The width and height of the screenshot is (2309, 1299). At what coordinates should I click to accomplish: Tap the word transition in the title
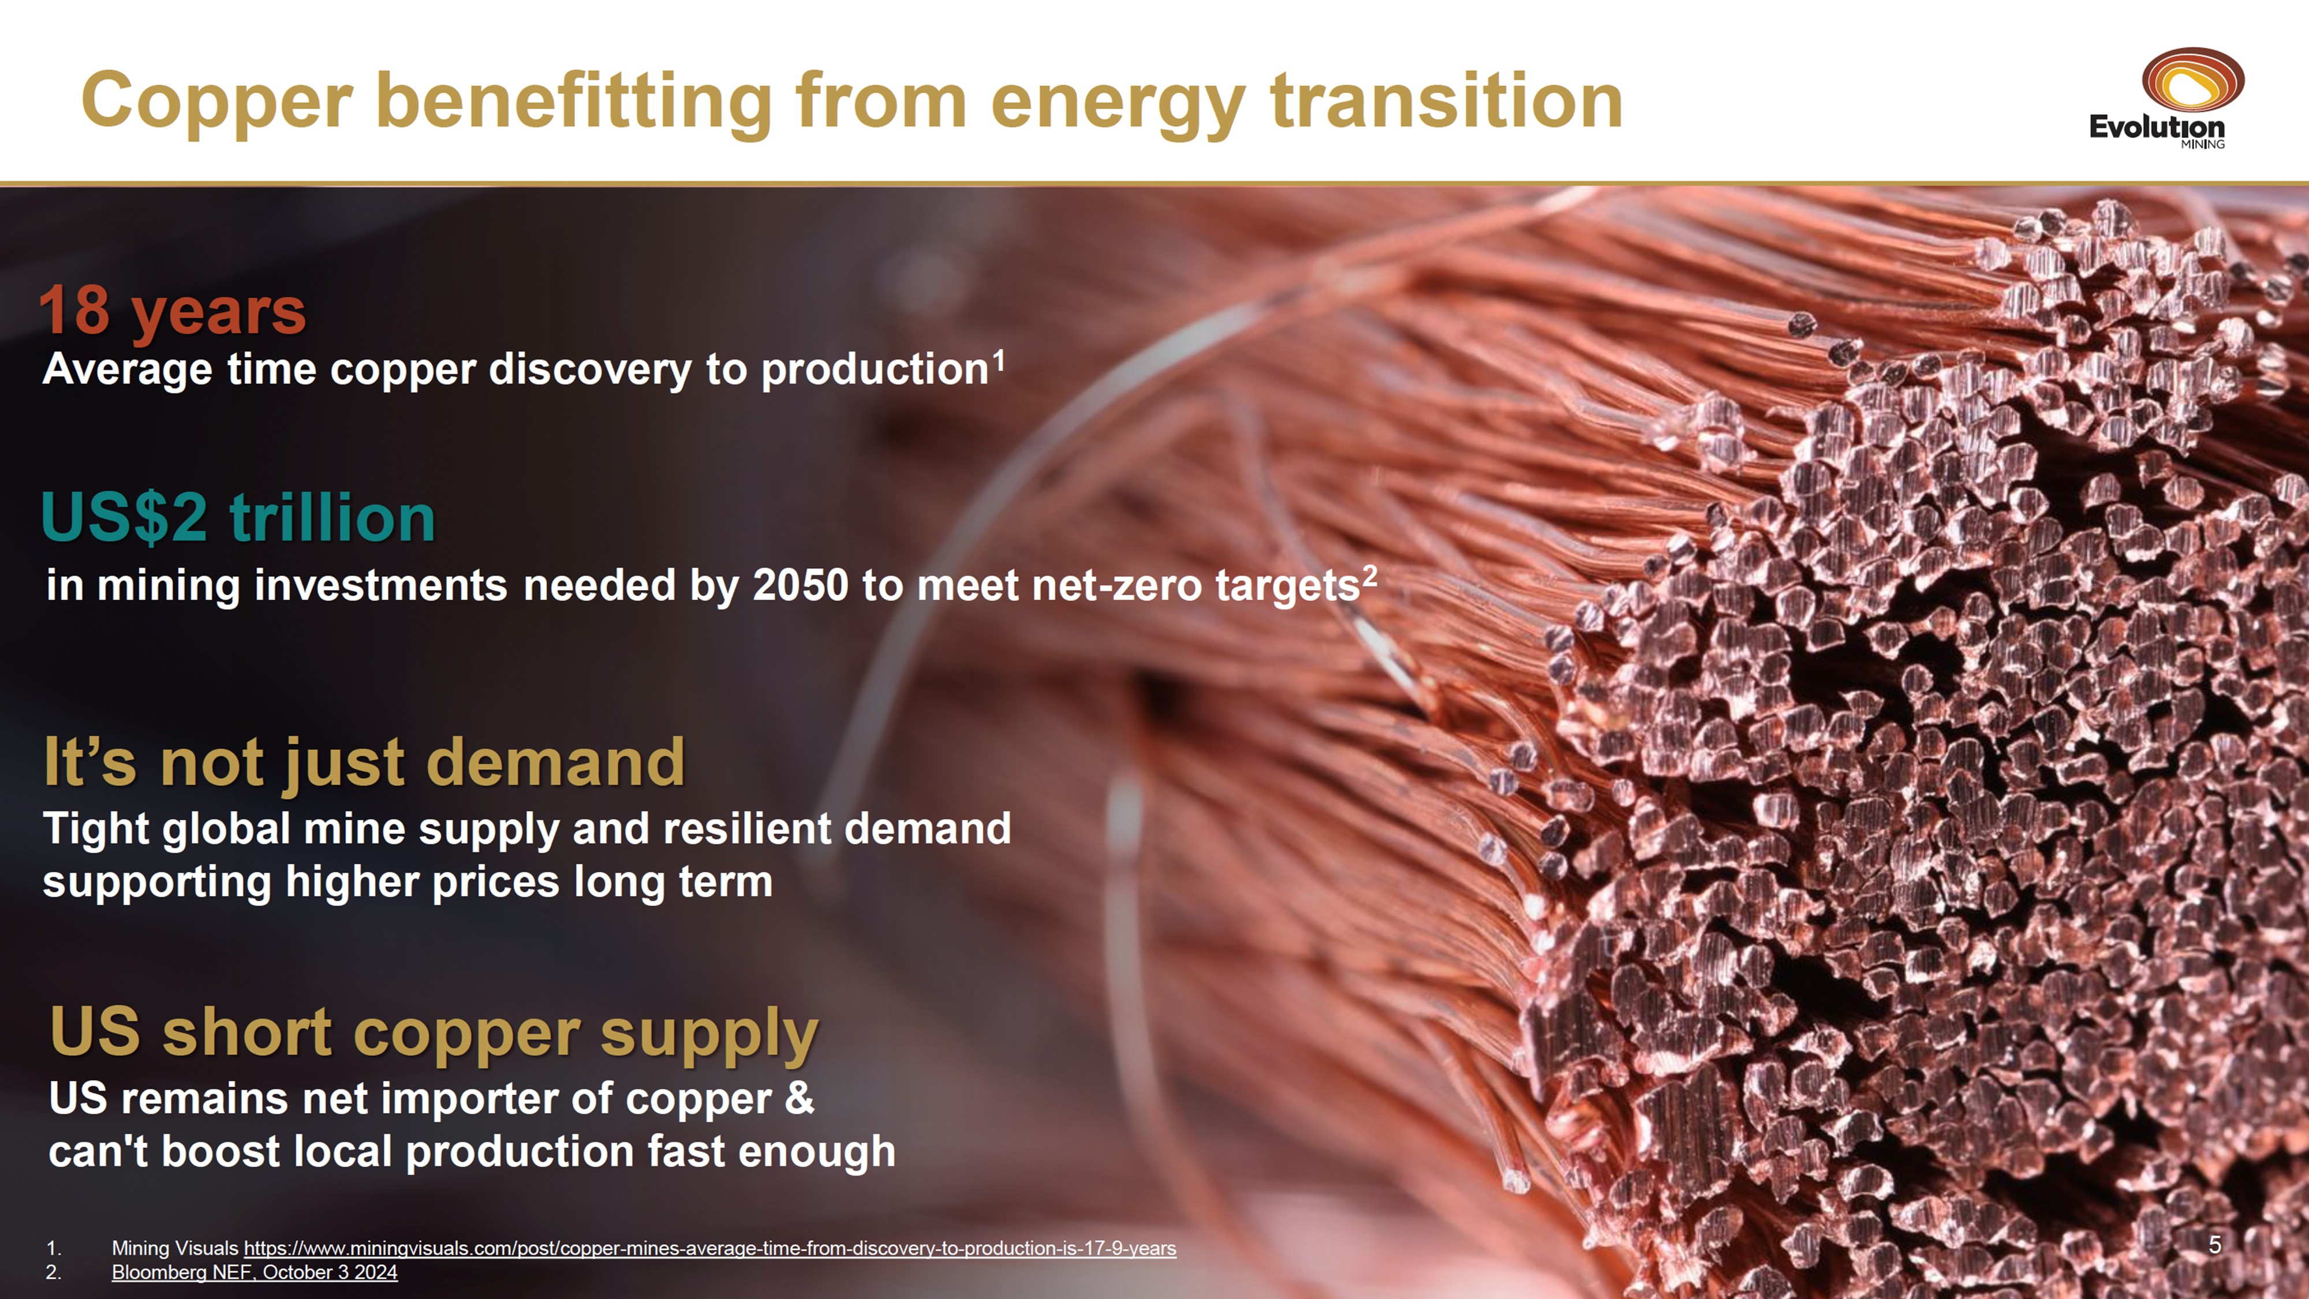(x=1447, y=100)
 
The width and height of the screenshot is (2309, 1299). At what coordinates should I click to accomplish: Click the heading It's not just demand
(x=364, y=763)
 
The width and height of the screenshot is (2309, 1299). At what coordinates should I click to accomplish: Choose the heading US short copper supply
(x=434, y=1033)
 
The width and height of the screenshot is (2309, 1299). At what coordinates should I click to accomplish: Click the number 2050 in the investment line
(x=801, y=585)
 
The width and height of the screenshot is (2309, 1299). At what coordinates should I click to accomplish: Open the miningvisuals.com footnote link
(x=710, y=1248)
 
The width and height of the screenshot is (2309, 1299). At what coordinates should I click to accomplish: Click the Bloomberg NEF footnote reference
(x=255, y=1272)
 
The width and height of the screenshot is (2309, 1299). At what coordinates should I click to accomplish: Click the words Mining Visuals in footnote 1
(x=175, y=1248)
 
